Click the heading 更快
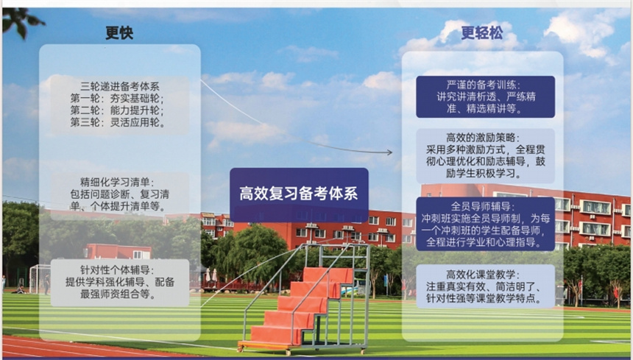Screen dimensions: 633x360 pyautogui.click(x=119, y=32)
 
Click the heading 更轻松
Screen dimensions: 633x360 pyautogui.click(x=482, y=32)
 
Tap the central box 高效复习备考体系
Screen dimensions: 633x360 pyautogui.click(x=299, y=194)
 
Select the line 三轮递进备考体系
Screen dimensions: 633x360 pyautogui.click(x=120, y=86)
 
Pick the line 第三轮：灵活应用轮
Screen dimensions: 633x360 pyautogui.click(x=117, y=122)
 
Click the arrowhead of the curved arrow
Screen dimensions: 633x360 pyautogui.click(x=390, y=152)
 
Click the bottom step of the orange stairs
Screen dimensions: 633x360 pyautogui.click(x=275, y=335)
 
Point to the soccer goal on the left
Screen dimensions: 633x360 pyautogui.click(x=40, y=278)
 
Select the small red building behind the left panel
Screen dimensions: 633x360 pyautogui.click(x=118, y=251)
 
